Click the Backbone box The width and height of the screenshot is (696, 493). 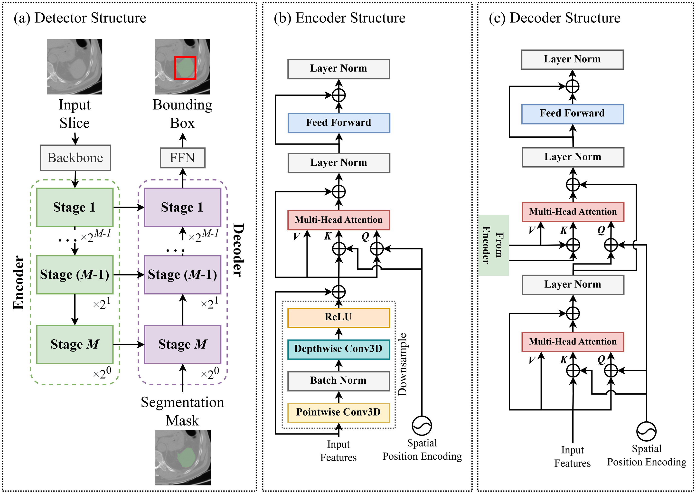coord(75,158)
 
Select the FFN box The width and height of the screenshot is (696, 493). coord(182,158)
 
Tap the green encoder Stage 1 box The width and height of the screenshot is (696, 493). coord(75,207)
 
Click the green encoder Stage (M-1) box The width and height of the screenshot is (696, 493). coord(75,275)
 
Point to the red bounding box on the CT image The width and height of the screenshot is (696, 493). coord(185,68)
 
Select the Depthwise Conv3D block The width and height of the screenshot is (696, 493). coord(339,349)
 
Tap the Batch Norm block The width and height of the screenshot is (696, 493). coord(339,381)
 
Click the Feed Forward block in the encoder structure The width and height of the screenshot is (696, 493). coord(339,123)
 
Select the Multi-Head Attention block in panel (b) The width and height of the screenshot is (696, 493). coord(339,220)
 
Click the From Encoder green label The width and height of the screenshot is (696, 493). coord(494,245)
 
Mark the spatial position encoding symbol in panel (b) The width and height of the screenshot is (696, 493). coord(422,425)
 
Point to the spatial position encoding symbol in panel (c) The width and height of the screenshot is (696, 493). coord(646,431)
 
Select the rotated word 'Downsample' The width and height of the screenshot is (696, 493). coord(403,364)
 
